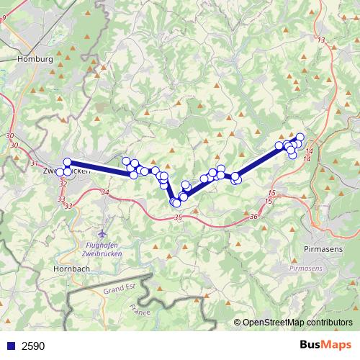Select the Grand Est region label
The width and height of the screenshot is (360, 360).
120,289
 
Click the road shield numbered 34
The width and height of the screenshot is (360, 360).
106,192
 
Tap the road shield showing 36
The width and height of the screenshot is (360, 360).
253,216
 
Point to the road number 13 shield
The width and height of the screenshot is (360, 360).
320,40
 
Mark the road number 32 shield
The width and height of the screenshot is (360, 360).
63,184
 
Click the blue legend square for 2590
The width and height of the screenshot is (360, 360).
11,346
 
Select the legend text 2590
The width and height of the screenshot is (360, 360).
33,346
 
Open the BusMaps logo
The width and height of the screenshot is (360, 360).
325,345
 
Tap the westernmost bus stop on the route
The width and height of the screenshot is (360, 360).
60,172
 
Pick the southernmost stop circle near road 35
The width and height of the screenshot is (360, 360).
176,204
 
